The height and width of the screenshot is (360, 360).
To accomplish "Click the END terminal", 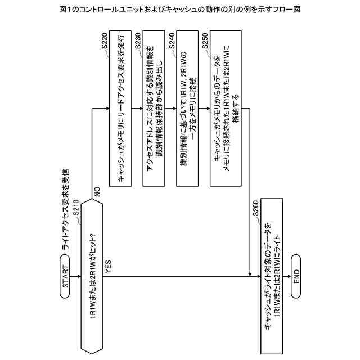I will pyautogui.click(x=296, y=276).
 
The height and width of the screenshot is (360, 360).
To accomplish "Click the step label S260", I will pyautogui.click(x=254, y=209).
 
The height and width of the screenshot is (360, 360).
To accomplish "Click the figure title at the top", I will pyautogui.click(x=179, y=9).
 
